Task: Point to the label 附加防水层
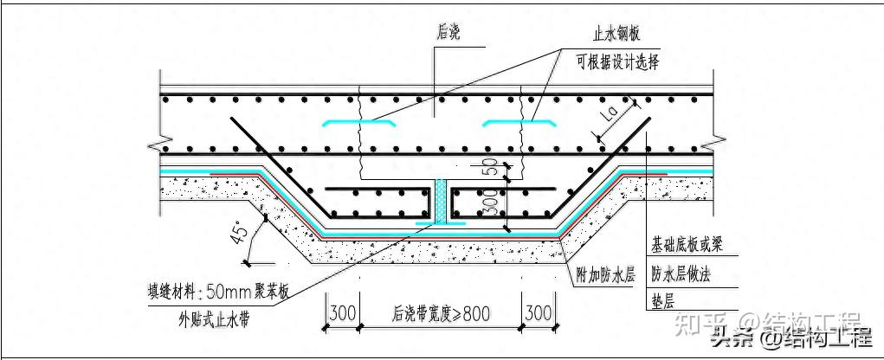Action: (605, 277)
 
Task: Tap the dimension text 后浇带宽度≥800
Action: (442, 313)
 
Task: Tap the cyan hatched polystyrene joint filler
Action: (442, 202)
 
